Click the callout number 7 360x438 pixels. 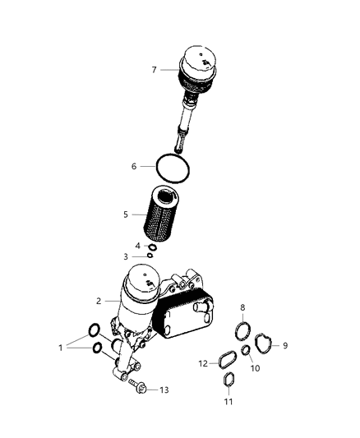coord(154,70)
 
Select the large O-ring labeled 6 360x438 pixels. coord(175,168)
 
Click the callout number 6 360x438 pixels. coord(134,167)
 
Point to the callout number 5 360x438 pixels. coord(126,214)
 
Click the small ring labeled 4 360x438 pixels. coord(151,245)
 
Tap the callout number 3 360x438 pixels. coord(126,256)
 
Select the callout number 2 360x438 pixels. coord(98,301)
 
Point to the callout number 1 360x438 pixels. coord(60,348)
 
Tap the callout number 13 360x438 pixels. coord(164,390)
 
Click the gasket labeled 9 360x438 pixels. coord(266,344)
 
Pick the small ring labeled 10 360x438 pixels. coord(245,353)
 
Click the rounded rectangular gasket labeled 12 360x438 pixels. coord(224,358)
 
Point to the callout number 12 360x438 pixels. coord(203,363)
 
